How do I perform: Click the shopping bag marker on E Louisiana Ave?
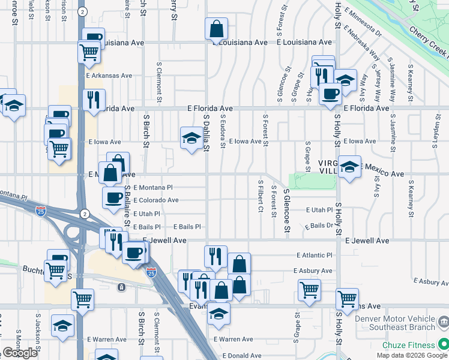pyautogui.click(x=216, y=29)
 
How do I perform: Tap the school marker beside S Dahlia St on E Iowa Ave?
pyautogui.click(x=191, y=138)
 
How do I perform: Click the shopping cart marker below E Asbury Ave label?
pyautogui.click(x=309, y=290)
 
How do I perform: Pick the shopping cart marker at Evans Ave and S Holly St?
pyautogui.click(x=347, y=298)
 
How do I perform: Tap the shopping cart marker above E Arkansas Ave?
pyautogui.click(x=89, y=53)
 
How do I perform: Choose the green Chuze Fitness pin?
pyautogui.click(x=443, y=344)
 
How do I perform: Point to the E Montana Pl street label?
pyautogui.click(x=152, y=188)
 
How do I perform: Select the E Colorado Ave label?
pyautogui.click(x=156, y=200)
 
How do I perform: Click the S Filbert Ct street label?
pyautogui.click(x=261, y=196)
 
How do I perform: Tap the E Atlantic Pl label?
pyautogui.click(x=314, y=255)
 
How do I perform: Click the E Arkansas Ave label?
pyautogui.click(x=109, y=76)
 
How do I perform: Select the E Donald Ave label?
pyautogui.click(x=242, y=355)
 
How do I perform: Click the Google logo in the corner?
pyautogui.click(x=20, y=353)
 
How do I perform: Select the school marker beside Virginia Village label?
pyautogui.click(x=349, y=168)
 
